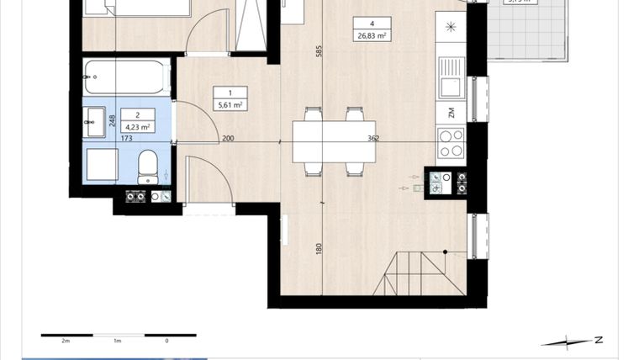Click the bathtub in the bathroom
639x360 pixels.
click(128, 77)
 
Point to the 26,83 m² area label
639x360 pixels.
click(371, 36)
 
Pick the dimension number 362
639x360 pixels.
click(373, 138)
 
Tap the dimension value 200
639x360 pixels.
click(228, 138)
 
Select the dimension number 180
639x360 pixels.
click(319, 249)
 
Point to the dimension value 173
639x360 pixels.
click(127, 138)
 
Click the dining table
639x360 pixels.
click(333, 141)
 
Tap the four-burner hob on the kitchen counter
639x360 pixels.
click(451, 142)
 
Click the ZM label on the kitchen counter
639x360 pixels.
click(451, 113)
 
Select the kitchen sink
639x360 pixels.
click(451, 79)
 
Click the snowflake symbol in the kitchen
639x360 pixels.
click(452, 28)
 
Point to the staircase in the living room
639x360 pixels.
click(424, 273)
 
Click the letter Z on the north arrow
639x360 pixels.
click(599, 341)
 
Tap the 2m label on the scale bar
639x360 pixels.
click(65, 341)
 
